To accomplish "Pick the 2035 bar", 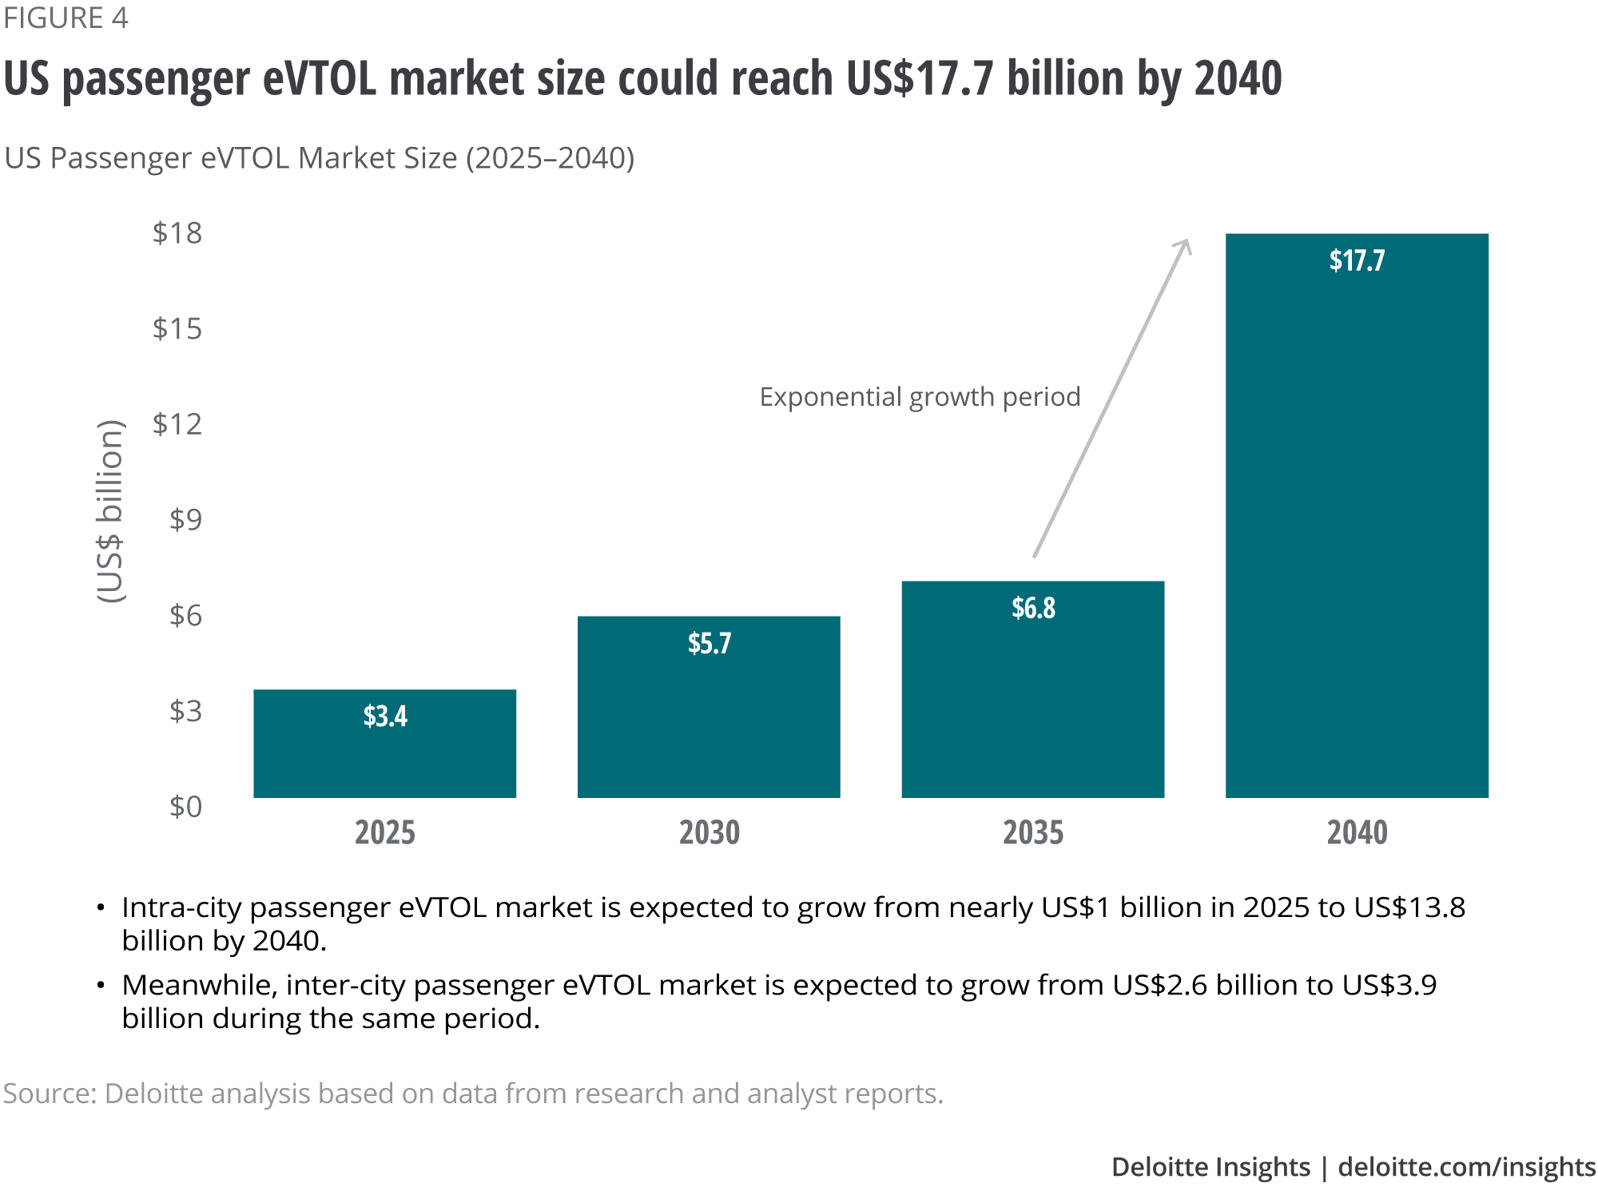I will pos(1032,703).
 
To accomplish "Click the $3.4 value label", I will pos(385,717).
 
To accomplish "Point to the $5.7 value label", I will pos(710,644).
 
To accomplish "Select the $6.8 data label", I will pos(1033,609).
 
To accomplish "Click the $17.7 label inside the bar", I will pos(1357,260).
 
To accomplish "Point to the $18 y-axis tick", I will pos(177,233).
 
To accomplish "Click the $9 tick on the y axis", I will pos(185,520).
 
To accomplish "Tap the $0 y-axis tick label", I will pos(185,807).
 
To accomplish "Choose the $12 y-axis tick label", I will pos(177,424).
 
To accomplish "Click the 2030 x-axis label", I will pos(710,833).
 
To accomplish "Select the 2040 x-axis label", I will pos(1357,833).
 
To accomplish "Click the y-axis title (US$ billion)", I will pos(110,511).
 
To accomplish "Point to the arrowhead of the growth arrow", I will pos(1185,244).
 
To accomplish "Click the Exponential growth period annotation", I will pos(920,397).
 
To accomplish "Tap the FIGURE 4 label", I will pos(66,18).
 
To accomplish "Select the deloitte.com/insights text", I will pos(1466,1168).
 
